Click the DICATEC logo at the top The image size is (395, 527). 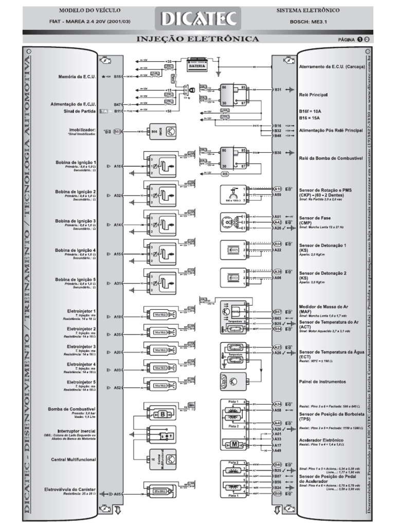click(x=198, y=20)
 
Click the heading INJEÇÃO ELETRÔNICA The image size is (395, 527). click(x=197, y=40)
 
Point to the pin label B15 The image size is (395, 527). click(x=117, y=77)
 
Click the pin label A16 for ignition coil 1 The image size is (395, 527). click(x=117, y=166)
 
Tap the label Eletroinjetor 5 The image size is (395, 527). click(x=81, y=383)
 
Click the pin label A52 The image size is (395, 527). click(x=117, y=388)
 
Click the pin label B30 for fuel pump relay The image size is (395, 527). click(x=278, y=153)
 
